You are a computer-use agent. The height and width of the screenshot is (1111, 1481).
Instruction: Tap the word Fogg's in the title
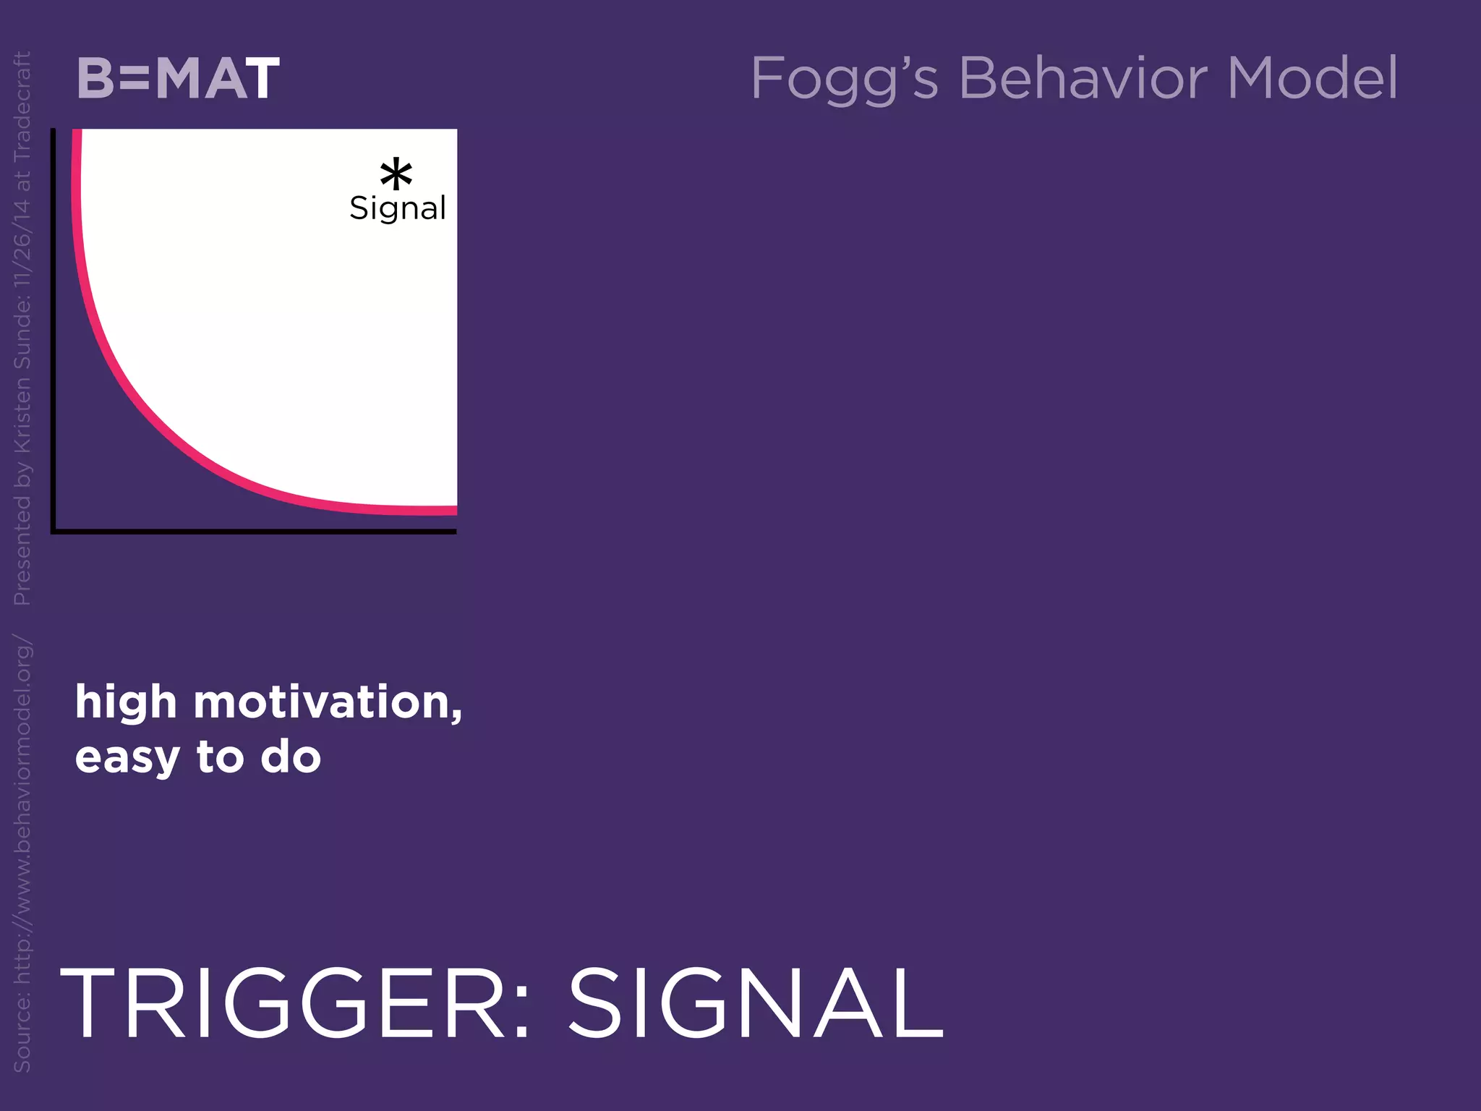point(844,80)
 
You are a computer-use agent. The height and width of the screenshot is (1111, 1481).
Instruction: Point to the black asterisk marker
point(396,174)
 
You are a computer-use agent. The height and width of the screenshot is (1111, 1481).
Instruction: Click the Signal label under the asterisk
point(398,208)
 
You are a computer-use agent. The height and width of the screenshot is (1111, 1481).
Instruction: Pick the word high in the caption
point(126,703)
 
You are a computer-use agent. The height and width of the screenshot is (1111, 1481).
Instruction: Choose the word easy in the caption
point(127,758)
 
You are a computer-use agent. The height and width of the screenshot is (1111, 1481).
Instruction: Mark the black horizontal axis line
point(253,532)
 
